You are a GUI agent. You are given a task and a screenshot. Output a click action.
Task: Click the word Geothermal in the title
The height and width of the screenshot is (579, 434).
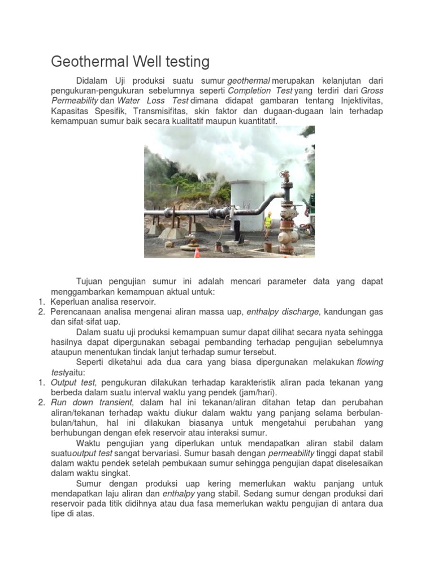[x=86, y=61]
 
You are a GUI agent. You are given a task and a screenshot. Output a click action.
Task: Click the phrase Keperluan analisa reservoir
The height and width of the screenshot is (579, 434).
[x=103, y=302]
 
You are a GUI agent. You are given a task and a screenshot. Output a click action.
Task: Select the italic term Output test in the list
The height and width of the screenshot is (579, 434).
[x=71, y=383]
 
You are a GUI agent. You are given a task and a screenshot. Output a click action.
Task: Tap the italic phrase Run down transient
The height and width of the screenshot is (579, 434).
[x=92, y=403]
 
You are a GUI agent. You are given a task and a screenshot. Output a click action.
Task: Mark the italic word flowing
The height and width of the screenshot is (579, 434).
[x=370, y=362]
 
